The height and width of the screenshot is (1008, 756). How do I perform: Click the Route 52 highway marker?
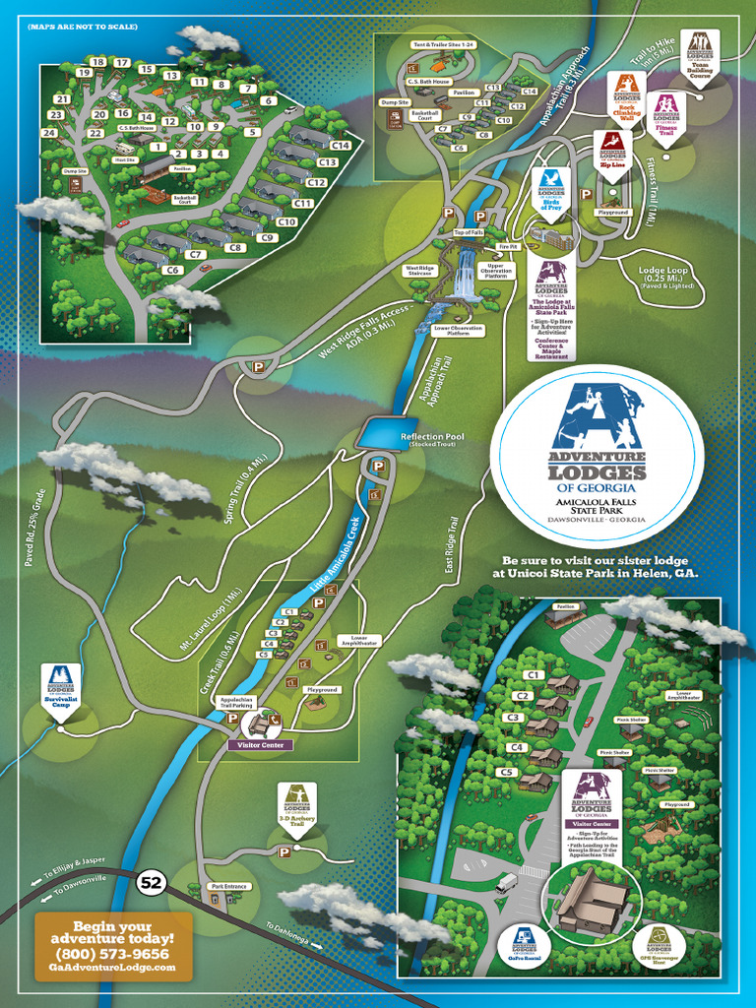pyautogui.click(x=150, y=882)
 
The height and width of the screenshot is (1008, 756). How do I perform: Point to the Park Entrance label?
pyautogui.click(x=228, y=886)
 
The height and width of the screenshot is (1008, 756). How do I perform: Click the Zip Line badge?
pyautogui.click(x=612, y=153)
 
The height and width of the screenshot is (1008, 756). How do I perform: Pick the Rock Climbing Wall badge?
pyautogui.click(x=627, y=95)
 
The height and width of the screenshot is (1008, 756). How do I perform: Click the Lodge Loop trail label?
pyautogui.click(x=667, y=276)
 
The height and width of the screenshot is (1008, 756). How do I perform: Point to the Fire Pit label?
pyautogui.click(x=508, y=246)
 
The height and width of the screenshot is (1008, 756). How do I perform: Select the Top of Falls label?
pyautogui.click(x=469, y=232)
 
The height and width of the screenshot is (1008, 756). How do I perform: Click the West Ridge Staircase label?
pyautogui.click(x=419, y=270)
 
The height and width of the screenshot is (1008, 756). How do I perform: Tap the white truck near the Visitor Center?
pyautogui.click(x=506, y=883)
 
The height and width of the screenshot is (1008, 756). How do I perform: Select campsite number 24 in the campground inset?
pyautogui.click(x=49, y=132)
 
